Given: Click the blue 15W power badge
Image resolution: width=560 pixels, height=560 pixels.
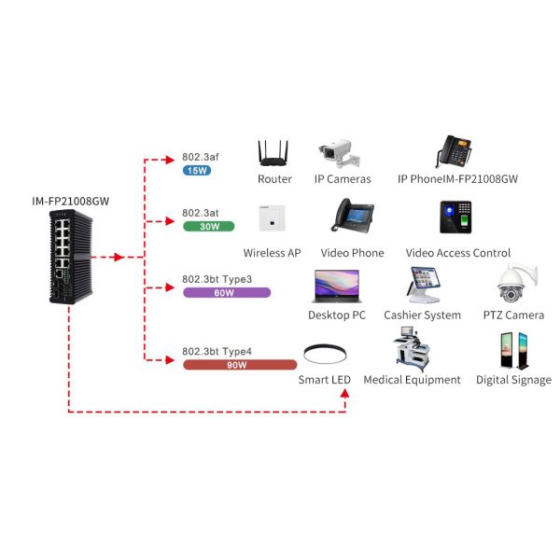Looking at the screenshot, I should (x=196, y=171).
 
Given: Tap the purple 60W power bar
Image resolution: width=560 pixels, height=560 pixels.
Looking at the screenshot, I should (x=225, y=292).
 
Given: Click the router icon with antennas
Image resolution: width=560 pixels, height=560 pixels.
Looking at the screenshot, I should (x=273, y=153).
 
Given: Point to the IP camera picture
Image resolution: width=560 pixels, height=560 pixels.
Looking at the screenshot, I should (x=337, y=153).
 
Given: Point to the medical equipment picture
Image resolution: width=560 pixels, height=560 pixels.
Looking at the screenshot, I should (x=411, y=351).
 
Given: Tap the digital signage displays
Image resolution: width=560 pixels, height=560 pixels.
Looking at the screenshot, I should (x=513, y=351).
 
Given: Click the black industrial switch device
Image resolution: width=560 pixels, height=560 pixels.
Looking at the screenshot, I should (x=68, y=256).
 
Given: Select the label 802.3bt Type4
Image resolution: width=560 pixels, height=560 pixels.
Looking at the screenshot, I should (x=217, y=350).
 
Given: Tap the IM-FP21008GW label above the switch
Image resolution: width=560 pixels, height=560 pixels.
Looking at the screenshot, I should (x=69, y=199).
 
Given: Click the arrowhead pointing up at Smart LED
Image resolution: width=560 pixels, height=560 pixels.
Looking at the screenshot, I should (x=345, y=395).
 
